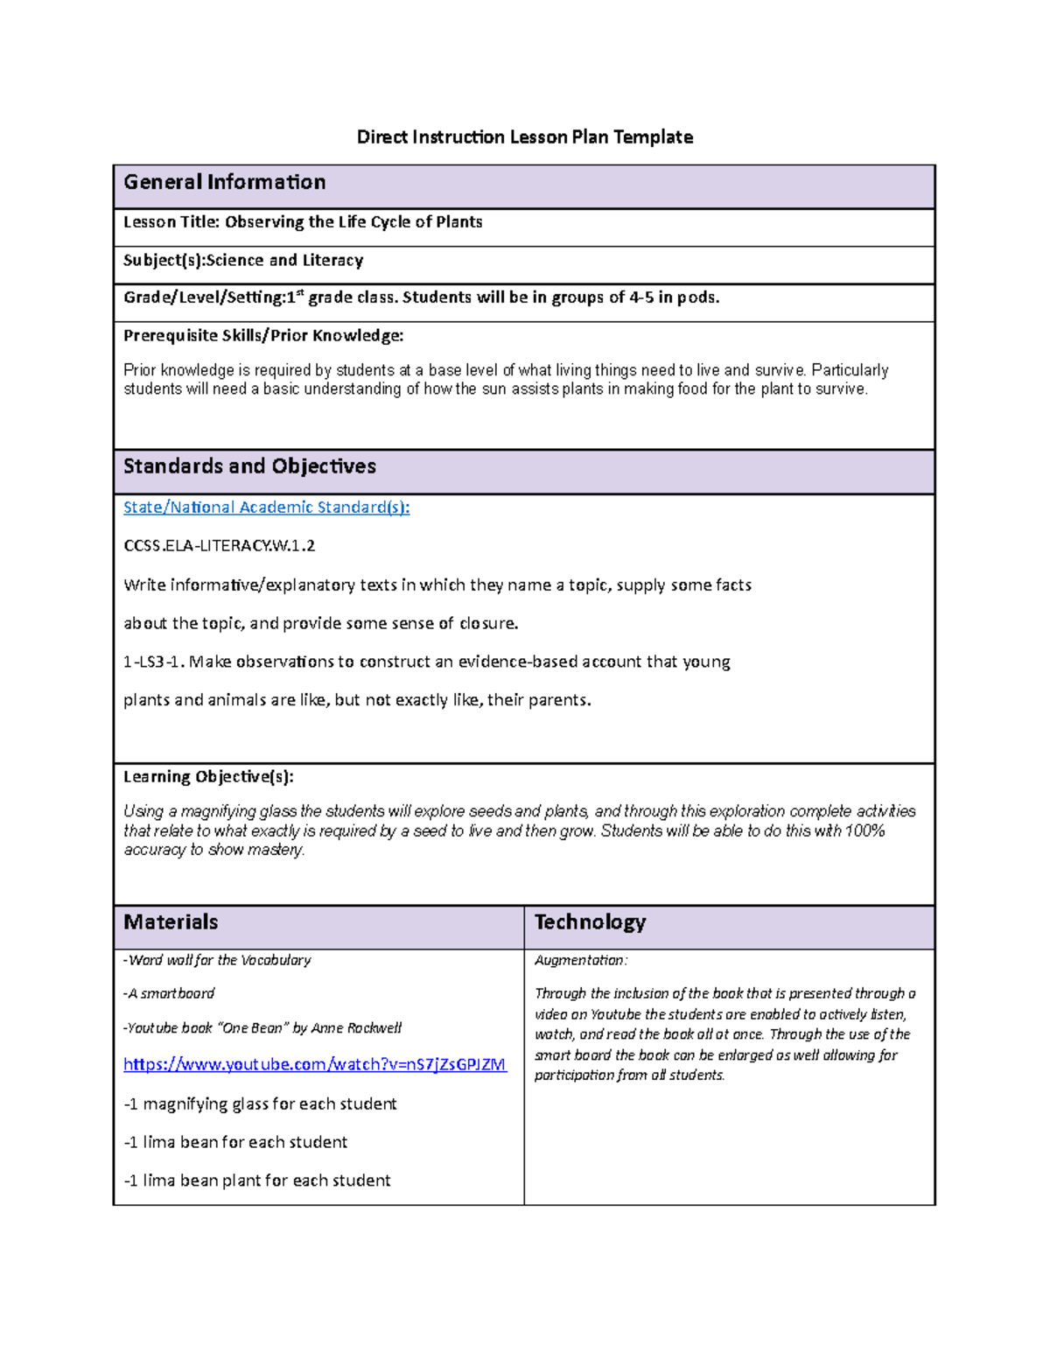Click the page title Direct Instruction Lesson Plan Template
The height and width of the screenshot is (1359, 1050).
pyautogui.click(x=524, y=137)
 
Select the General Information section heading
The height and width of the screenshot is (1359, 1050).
pyautogui.click(x=225, y=182)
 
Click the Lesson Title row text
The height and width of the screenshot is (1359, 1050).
pyautogui.click(x=303, y=222)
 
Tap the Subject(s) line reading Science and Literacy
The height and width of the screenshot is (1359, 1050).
pyautogui.click(x=243, y=261)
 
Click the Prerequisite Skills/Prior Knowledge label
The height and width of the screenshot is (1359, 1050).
pyautogui.click(x=263, y=336)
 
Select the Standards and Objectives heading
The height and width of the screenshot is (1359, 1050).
pyautogui.click(x=249, y=466)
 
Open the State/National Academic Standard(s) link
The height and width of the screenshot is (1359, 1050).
pyautogui.click(x=266, y=508)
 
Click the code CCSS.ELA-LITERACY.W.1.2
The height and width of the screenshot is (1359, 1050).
pyautogui.click(x=219, y=546)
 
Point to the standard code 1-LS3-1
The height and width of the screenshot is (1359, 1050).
pyautogui.click(x=153, y=662)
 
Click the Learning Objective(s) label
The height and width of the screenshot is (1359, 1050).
pyautogui.click(x=208, y=777)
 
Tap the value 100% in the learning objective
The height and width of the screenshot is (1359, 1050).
pyautogui.click(x=865, y=831)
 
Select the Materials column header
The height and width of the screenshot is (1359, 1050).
pyautogui.click(x=171, y=922)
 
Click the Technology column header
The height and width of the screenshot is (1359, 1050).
pyautogui.click(x=590, y=922)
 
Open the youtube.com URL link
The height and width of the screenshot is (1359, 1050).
pyautogui.click(x=314, y=1065)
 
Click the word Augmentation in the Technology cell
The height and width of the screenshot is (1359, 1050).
pyautogui.click(x=579, y=961)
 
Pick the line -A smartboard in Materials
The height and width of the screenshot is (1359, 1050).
pyautogui.click(x=169, y=994)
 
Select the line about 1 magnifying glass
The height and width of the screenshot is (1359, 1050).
pyautogui.click(x=260, y=1104)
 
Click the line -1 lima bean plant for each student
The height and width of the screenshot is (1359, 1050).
pyautogui.click(x=256, y=1181)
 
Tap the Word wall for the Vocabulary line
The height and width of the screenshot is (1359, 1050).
pyautogui.click(x=217, y=961)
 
